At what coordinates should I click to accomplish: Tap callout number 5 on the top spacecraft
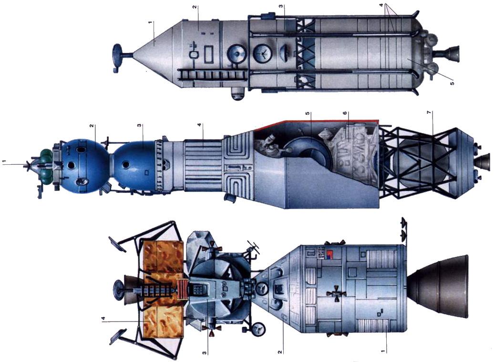(451, 83)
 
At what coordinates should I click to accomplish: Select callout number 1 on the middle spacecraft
(4, 162)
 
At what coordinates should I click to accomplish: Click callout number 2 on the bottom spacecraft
(281, 352)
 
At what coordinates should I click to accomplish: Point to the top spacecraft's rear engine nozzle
(451, 53)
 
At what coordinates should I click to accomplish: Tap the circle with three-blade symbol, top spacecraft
(261, 54)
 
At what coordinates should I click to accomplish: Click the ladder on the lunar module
(152, 291)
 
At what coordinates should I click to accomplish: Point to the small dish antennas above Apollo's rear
(403, 228)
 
